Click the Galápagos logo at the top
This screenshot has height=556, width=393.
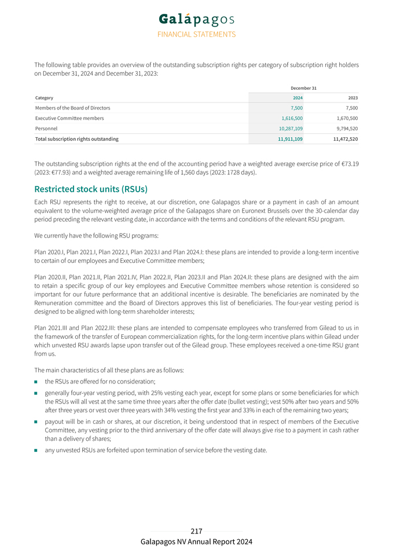(196, 19)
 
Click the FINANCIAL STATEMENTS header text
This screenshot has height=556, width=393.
(196, 34)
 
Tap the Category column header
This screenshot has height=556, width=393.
(44, 98)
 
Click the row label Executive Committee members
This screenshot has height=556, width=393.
(69, 118)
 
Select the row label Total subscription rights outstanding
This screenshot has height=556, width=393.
(77, 139)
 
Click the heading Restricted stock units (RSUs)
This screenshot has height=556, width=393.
(91, 189)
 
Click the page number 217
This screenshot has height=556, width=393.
(196, 531)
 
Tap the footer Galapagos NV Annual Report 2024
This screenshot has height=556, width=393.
(196, 542)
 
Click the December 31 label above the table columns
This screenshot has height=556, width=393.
(303, 88)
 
